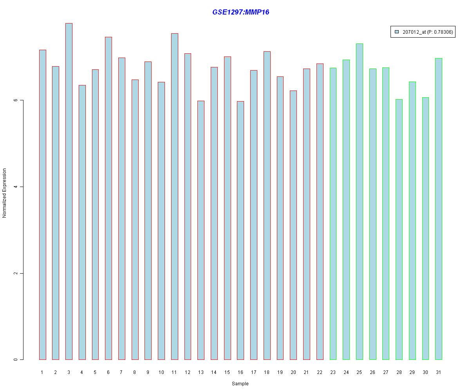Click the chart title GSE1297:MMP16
click(x=240, y=12)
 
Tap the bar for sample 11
click(x=175, y=196)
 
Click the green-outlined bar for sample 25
click(x=360, y=201)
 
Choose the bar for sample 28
click(x=399, y=229)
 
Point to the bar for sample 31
click(x=439, y=209)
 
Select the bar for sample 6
click(x=108, y=198)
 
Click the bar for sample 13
click(x=201, y=230)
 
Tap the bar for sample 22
click(x=320, y=211)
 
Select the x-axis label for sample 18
click(x=267, y=372)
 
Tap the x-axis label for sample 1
click(x=42, y=372)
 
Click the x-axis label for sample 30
click(x=425, y=372)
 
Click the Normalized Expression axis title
click(x=5, y=193)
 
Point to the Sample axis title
click(x=240, y=384)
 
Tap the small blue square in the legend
click(x=396, y=32)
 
